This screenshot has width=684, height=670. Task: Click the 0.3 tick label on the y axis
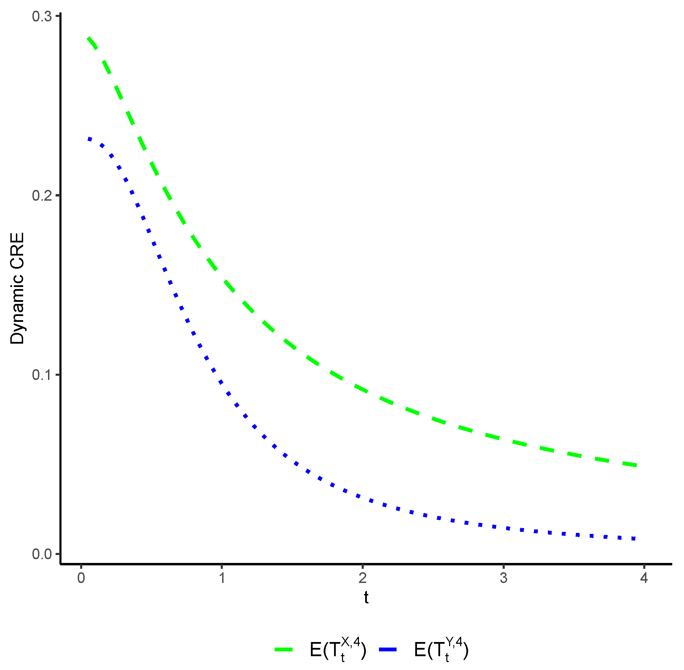tap(41, 17)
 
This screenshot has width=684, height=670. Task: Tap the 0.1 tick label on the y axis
tap(41, 374)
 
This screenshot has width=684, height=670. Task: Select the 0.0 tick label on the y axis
tap(41, 554)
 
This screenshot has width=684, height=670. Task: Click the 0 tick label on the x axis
tap(81, 578)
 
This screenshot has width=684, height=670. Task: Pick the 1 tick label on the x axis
tap(222, 578)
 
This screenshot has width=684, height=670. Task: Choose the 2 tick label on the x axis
tap(363, 578)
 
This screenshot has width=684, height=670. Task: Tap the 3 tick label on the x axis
tap(503, 578)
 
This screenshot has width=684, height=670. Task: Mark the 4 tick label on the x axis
tap(644, 578)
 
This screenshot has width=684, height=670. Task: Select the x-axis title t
tap(366, 597)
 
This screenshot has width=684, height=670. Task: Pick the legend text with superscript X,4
tap(338, 650)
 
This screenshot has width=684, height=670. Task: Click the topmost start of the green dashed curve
tap(89, 38)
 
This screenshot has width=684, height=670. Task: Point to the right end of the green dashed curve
tap(636, 465)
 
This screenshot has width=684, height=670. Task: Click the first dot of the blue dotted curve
tap(90, 138)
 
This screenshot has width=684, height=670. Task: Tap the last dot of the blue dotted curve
tap(634, 538)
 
